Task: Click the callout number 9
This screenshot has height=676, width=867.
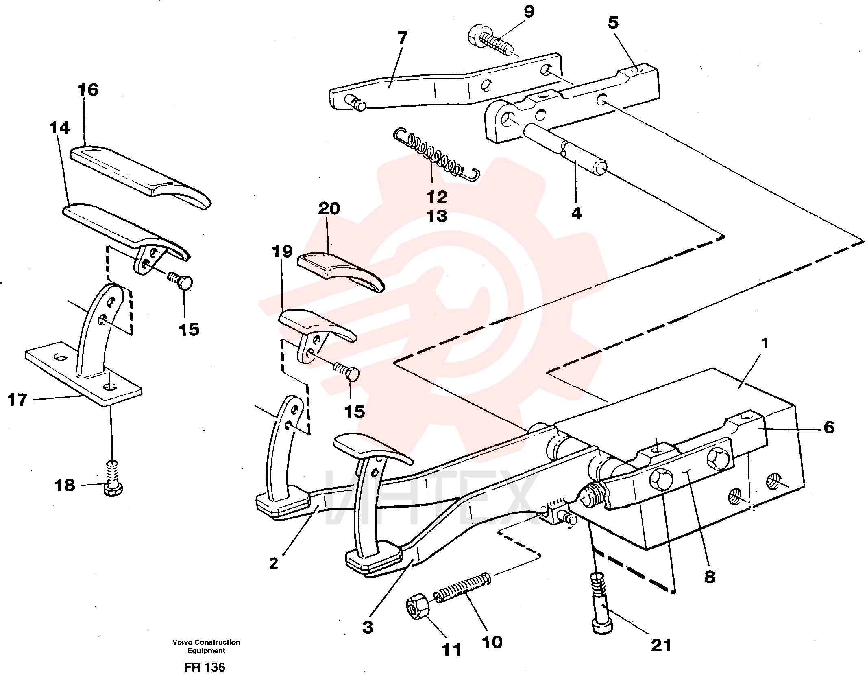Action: tap(529, 12)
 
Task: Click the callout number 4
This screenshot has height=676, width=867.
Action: tap(577, 213)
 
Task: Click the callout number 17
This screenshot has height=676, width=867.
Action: tap(17, 400)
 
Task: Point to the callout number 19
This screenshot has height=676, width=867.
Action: tap(283, 252)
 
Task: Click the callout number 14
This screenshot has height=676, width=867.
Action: tap(60, 128)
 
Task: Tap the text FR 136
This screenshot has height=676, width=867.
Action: tap(204, 667)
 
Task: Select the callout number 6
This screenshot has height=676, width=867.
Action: tap(829, 427)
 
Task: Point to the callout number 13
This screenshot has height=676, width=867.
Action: tap(437, 216)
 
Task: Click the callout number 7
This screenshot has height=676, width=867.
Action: tap(402, 38)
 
